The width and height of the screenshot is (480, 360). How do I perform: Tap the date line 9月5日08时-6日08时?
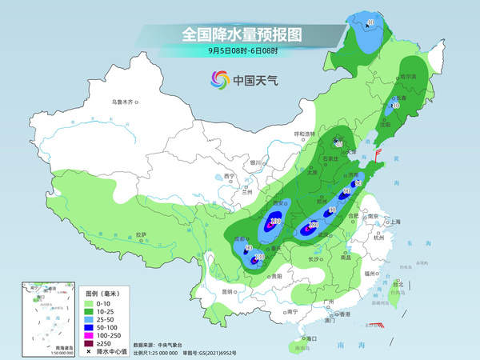(239, 52)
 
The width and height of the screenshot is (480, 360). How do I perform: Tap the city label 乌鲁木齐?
(123, 102)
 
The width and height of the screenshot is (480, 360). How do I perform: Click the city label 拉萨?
(142, 234)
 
